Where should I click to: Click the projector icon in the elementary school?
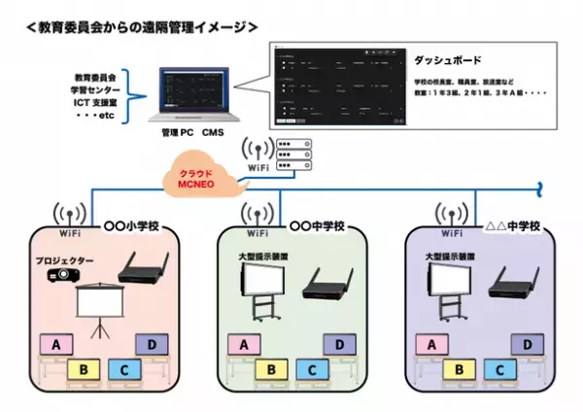coord(66,276)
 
